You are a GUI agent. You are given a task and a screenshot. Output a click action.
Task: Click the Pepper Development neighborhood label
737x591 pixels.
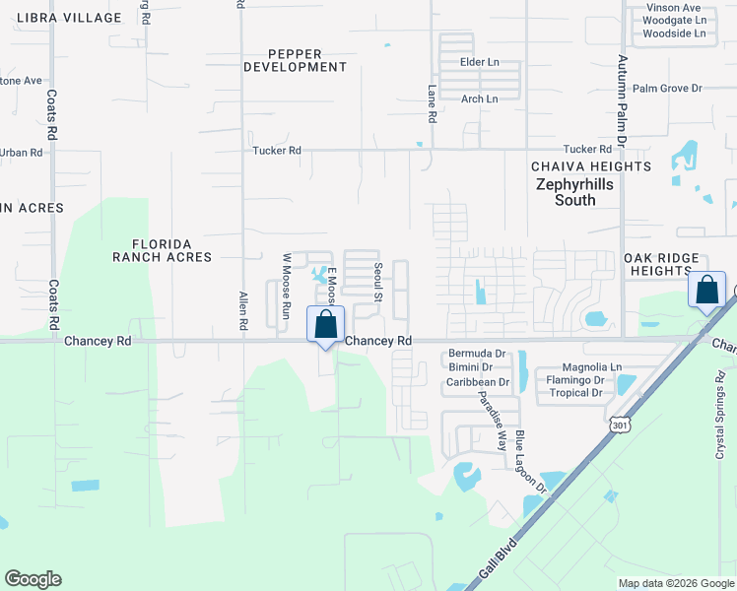pos(295,59)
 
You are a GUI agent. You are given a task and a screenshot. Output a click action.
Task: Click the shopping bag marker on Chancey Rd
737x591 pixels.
pos(326,326)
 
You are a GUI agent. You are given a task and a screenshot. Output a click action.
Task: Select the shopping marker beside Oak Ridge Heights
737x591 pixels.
pos(706,291)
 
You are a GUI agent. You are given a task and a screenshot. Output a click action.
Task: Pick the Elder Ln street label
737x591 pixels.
pos(480,62)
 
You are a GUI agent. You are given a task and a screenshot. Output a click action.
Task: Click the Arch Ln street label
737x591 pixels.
pos(480,98)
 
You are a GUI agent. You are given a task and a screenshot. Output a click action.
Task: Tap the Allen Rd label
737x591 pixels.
pos(242,309)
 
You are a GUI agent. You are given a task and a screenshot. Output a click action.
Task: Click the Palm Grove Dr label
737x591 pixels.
pos(667,89)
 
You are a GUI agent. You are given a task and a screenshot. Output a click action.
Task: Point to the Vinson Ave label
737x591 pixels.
pos(674,8)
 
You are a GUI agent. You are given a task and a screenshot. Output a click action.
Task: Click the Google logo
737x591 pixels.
pos(33,579)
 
